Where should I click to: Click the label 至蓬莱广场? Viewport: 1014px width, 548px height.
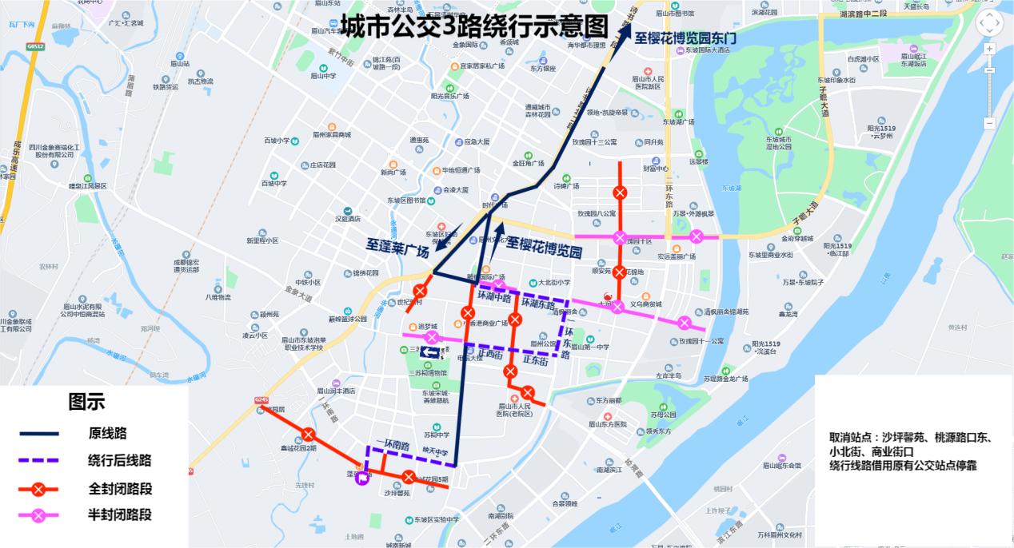point(398,246)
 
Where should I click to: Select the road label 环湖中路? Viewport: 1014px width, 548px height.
point(494,295)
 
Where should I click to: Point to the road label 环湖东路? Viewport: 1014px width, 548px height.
point(538,304)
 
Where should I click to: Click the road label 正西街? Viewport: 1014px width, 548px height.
point(490,352)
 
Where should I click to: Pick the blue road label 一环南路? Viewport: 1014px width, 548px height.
point(392,445)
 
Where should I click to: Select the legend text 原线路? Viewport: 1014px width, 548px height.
point(108,433)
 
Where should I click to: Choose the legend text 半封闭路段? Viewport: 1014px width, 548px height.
point(120,515)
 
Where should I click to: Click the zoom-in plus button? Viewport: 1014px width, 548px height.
point(989,49)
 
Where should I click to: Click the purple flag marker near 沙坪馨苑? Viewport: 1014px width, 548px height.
point(362,479)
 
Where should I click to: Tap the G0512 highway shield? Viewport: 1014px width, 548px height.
point(34,46)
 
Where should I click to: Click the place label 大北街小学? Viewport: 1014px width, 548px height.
point(553,282)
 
